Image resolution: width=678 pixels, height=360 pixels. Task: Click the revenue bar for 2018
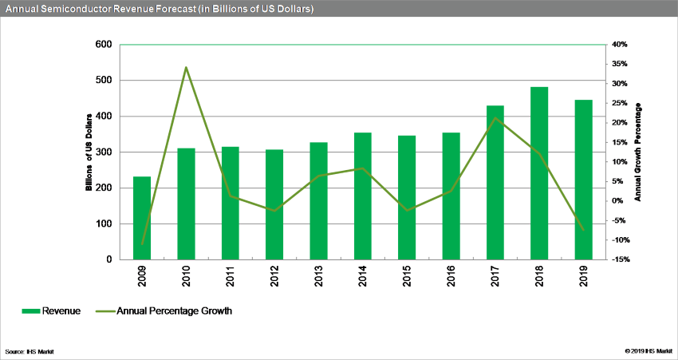point(539,173)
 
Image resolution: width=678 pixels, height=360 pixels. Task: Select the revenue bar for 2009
point(142,218)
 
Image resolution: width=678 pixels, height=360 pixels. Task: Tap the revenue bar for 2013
point(318,201)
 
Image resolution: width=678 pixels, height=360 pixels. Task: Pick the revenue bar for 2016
point(451,196)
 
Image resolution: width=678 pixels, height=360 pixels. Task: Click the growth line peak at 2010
point(186,67)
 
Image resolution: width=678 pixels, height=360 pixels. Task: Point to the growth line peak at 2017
point(495,117)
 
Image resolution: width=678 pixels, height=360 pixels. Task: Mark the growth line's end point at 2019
point(583,230)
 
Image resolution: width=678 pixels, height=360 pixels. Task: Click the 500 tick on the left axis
point(104,81)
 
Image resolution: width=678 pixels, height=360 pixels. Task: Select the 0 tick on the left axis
point(109,259)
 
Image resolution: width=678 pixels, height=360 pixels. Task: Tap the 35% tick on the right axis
point(619,64)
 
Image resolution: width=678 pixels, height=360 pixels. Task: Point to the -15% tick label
point(619,259)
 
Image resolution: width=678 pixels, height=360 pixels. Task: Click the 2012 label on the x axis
point(274,275)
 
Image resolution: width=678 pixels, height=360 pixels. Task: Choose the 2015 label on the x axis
point(407,275)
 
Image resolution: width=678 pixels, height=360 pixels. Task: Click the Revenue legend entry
point(51,311)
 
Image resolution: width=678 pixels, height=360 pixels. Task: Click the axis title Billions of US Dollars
point(89,152)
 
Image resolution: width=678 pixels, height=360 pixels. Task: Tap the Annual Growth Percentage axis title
point(638,152)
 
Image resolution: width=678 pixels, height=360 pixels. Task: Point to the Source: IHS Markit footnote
point(30,351)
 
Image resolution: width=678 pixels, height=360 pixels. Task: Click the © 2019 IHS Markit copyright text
point(648,351)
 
